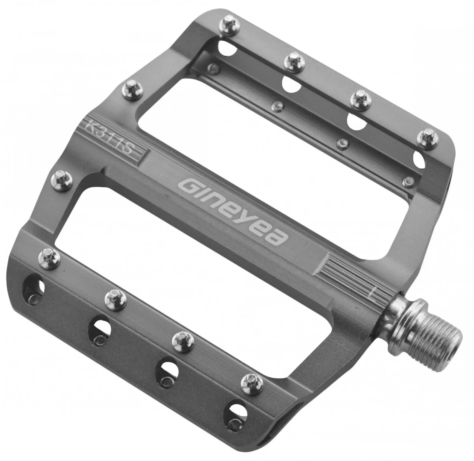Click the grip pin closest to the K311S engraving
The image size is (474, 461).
(132, 90)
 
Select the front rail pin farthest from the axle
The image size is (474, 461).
(49, 259)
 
